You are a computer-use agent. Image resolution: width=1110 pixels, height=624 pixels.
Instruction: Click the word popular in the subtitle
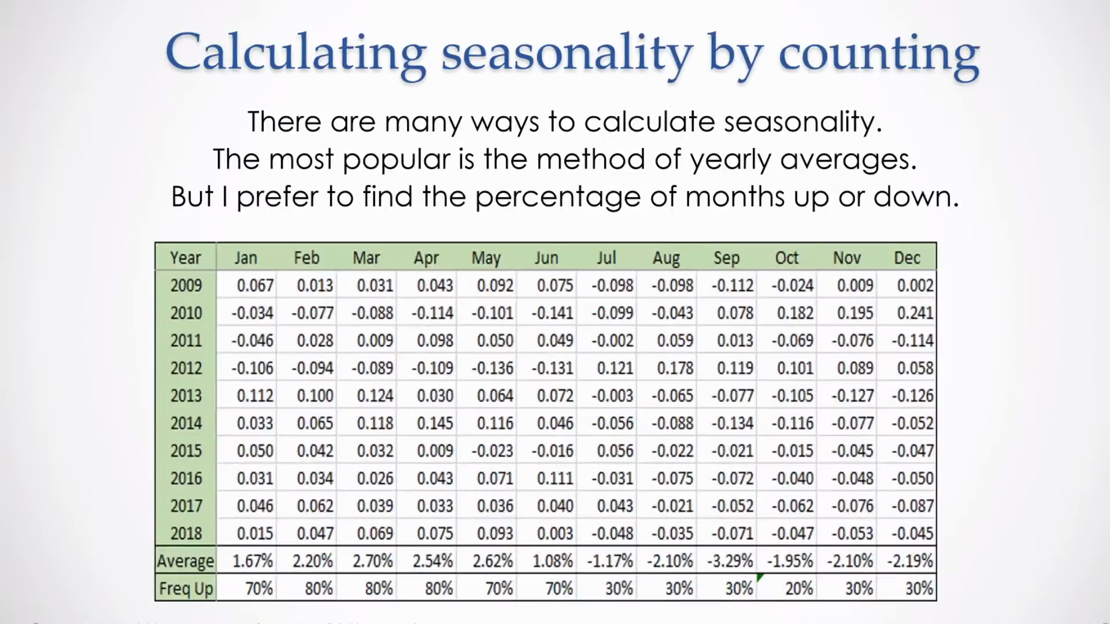pyautogui.click(x=396, y=159)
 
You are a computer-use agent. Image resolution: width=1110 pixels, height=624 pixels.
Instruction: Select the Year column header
pyautogui.click(x=186, y=258)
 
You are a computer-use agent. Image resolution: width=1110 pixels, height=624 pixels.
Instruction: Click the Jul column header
pyautogui.click(x=606, y=258)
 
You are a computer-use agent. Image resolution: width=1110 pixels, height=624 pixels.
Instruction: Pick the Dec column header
pyautogui.click(x=906, y=258)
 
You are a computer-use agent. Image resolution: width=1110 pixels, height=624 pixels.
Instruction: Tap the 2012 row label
pyautogui.click(x=186, y=368)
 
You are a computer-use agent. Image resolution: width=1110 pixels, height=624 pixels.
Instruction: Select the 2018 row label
pyautogui.click(x=186, y=533)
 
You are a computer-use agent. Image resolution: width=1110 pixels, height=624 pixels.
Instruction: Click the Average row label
pyautogui.click(x=186, y=561)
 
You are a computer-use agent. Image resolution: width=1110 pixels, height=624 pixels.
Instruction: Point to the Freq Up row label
pyautogui.click(x=186, y=589)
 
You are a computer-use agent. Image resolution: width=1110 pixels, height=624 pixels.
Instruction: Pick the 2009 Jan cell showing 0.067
pyautogui.click(x=255, y=285)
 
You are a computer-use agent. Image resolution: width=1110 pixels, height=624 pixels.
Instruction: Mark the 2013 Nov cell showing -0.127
pyautogui.click(x=852, y=396)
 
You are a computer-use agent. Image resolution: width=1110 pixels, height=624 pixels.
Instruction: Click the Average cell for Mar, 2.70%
pyautogui.click(x=373, y=561)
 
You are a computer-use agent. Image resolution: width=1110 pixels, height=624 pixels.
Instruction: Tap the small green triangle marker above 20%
pyautogui.click(x=760, y=577)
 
